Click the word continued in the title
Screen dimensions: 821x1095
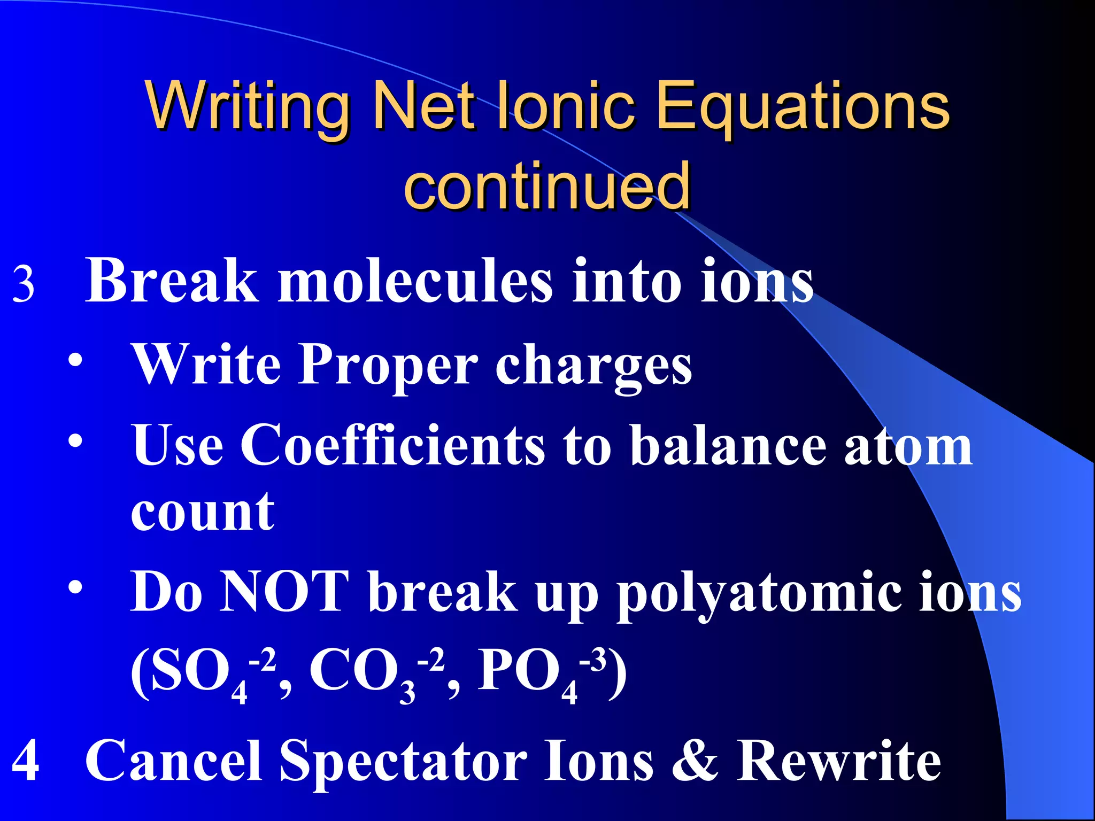546,185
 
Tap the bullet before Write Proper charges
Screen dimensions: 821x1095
75,360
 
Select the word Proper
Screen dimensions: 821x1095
388,365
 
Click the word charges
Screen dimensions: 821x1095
593,367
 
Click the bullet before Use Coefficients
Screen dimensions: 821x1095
75,441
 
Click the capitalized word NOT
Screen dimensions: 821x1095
284,591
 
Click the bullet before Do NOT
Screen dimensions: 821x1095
75,587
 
